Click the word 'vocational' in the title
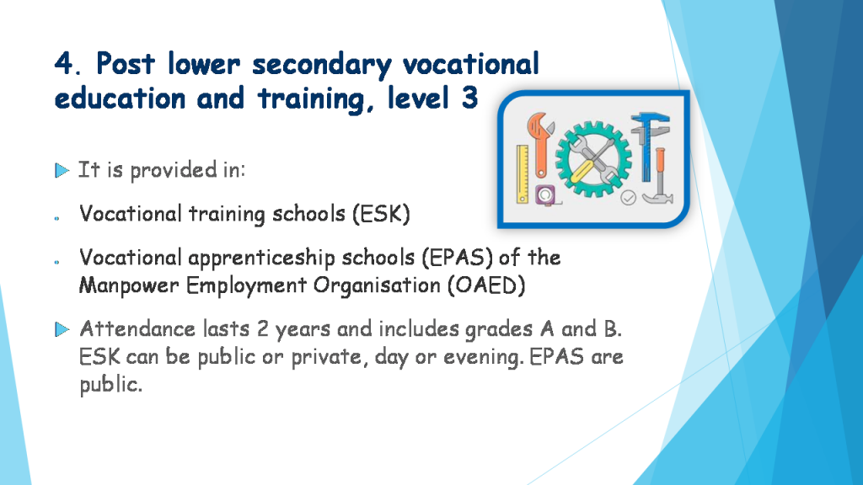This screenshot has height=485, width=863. pyautogui.click(x=471, y=64)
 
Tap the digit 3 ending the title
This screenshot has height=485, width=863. pyautogui.click(x=469, y=99)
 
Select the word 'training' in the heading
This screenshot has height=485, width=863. pyautogui.click(x=310, y=99)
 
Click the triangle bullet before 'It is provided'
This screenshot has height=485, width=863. pyautogui.click(x=62, y=170)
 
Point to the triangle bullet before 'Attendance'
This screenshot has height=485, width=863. pyautogui.click(x=62, y=329)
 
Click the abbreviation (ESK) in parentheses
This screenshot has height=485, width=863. pyautogui.click(x=382, y=214)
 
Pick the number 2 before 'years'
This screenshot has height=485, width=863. pyautogui.click(x=263, y=329)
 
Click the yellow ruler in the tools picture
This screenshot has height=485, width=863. pyautogui.click(x=523, y=174)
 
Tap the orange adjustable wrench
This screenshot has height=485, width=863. pyautogui.click(x=541, y=145)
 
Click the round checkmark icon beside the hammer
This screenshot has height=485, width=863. pyautogui.click(x=629, y=197)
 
